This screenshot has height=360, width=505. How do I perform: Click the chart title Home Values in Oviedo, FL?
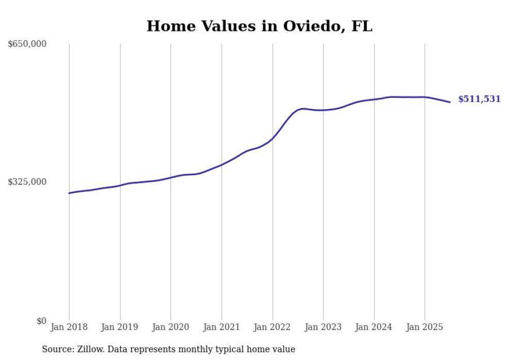(259, 26)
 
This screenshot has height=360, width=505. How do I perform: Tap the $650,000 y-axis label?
(27, 44)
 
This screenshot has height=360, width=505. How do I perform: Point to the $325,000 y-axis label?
(27, 182)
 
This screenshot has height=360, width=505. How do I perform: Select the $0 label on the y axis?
(41, 321)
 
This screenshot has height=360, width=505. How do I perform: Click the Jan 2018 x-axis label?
(69, 327)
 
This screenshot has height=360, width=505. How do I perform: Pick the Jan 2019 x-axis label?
(120, 327)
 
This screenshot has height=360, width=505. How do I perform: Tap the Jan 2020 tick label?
(171, 327)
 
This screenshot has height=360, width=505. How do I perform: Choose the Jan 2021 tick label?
(222, 327)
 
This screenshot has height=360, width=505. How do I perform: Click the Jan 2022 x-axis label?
(273, 327)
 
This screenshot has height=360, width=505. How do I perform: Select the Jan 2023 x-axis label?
(323, 327)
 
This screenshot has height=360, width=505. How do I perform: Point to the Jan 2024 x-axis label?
(374, 327)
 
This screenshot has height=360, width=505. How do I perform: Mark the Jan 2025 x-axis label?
(425, 327)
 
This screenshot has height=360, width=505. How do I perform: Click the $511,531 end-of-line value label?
(479, 99)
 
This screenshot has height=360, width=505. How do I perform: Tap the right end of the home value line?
(450, 102)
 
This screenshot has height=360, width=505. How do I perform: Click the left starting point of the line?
(69, 193)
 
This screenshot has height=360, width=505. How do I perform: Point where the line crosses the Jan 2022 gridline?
(273, 138)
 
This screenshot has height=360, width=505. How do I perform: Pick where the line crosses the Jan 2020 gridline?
(171, 178)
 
